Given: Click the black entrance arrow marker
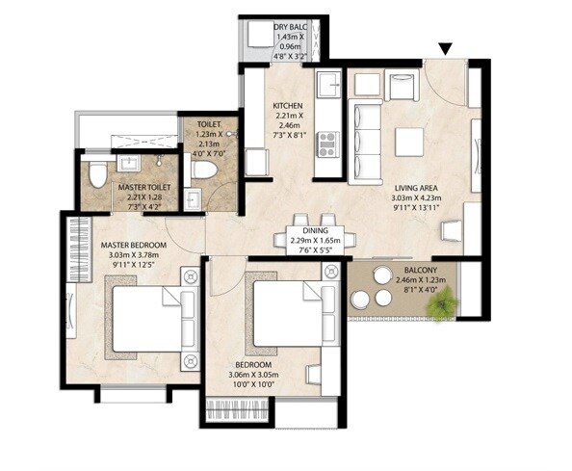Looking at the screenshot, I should click(x=445, y=49).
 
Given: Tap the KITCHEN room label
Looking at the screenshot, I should click(x=287, y=106).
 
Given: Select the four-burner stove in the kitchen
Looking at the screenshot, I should click(x=326, y=144).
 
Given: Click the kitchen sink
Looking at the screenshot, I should click(x=327, y=85).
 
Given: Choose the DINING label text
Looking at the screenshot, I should click(x=314, y=231).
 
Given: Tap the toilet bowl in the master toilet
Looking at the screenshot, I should click(x=97, y=176).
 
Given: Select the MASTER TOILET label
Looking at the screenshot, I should click(x=144, y=189).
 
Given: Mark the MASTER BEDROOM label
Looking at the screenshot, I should click(x=134, y=246).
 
